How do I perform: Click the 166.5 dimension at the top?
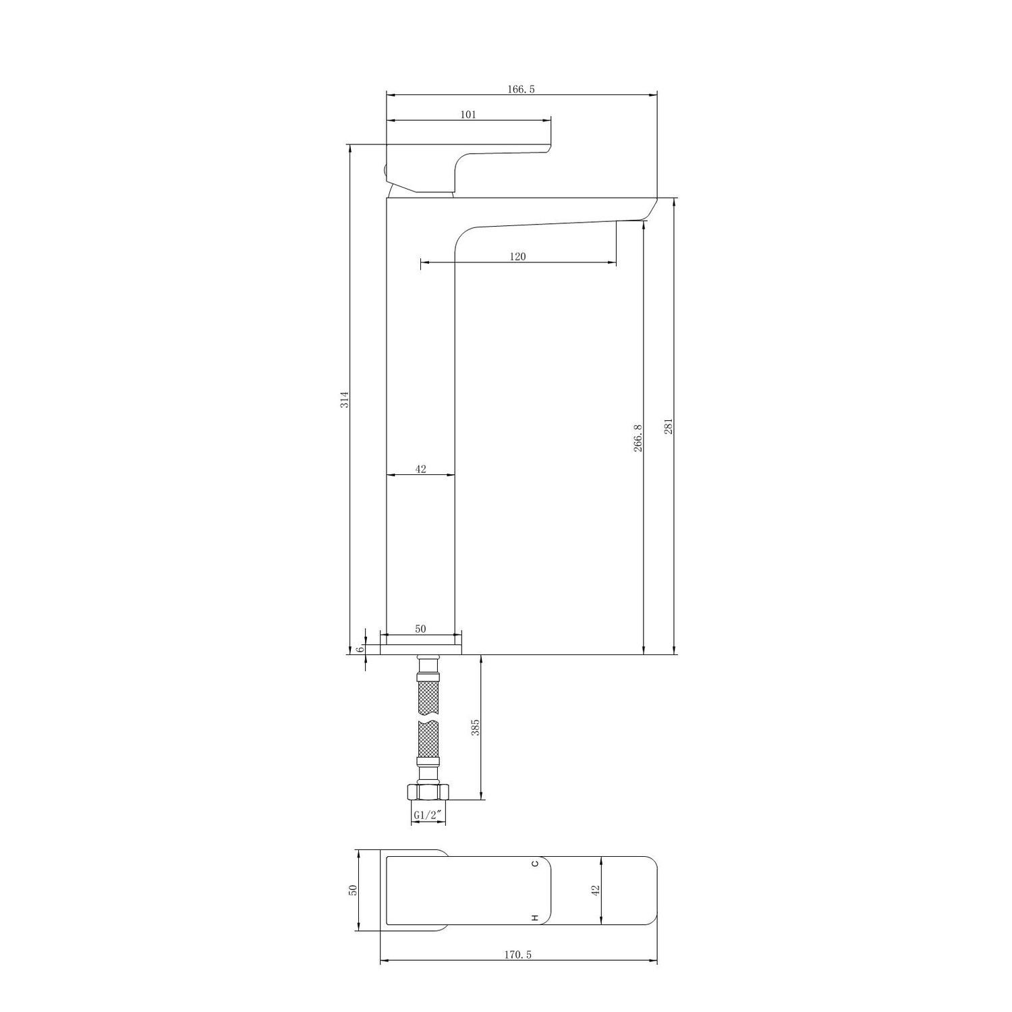[522, 89]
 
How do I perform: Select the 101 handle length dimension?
[468, 115]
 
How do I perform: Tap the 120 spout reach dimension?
[518, 256]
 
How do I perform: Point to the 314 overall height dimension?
[344, 399]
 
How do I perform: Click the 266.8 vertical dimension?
[638, 438]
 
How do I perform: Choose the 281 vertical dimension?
[669, 426]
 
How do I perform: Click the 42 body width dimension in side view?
[420, 469]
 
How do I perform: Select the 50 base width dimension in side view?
[420, 629]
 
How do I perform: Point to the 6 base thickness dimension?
[360, 649]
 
